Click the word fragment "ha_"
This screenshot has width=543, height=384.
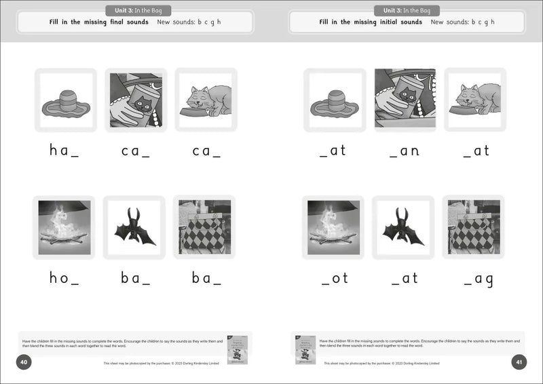[64, 151]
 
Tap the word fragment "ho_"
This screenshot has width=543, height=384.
[64, 277]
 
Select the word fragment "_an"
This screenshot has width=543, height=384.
[405, 151]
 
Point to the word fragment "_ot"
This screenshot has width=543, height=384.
[334, 277]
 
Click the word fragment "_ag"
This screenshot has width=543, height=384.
[478, 278]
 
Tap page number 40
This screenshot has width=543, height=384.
[24, 362]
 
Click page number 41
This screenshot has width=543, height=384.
[519, 362]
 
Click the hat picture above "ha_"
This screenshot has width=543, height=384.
[66, 100]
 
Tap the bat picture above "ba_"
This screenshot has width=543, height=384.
[134, 227]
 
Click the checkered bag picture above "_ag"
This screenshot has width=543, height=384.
[473, 227]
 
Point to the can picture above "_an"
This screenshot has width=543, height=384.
[405, 98]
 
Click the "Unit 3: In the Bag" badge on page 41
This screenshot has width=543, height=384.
[407, 10]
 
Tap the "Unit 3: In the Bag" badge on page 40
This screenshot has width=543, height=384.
[138, 10]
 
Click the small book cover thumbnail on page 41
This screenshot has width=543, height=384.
[305, 349]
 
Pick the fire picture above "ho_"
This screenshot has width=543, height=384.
[64, 227]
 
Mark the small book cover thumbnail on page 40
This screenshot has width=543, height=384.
[237, 349]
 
